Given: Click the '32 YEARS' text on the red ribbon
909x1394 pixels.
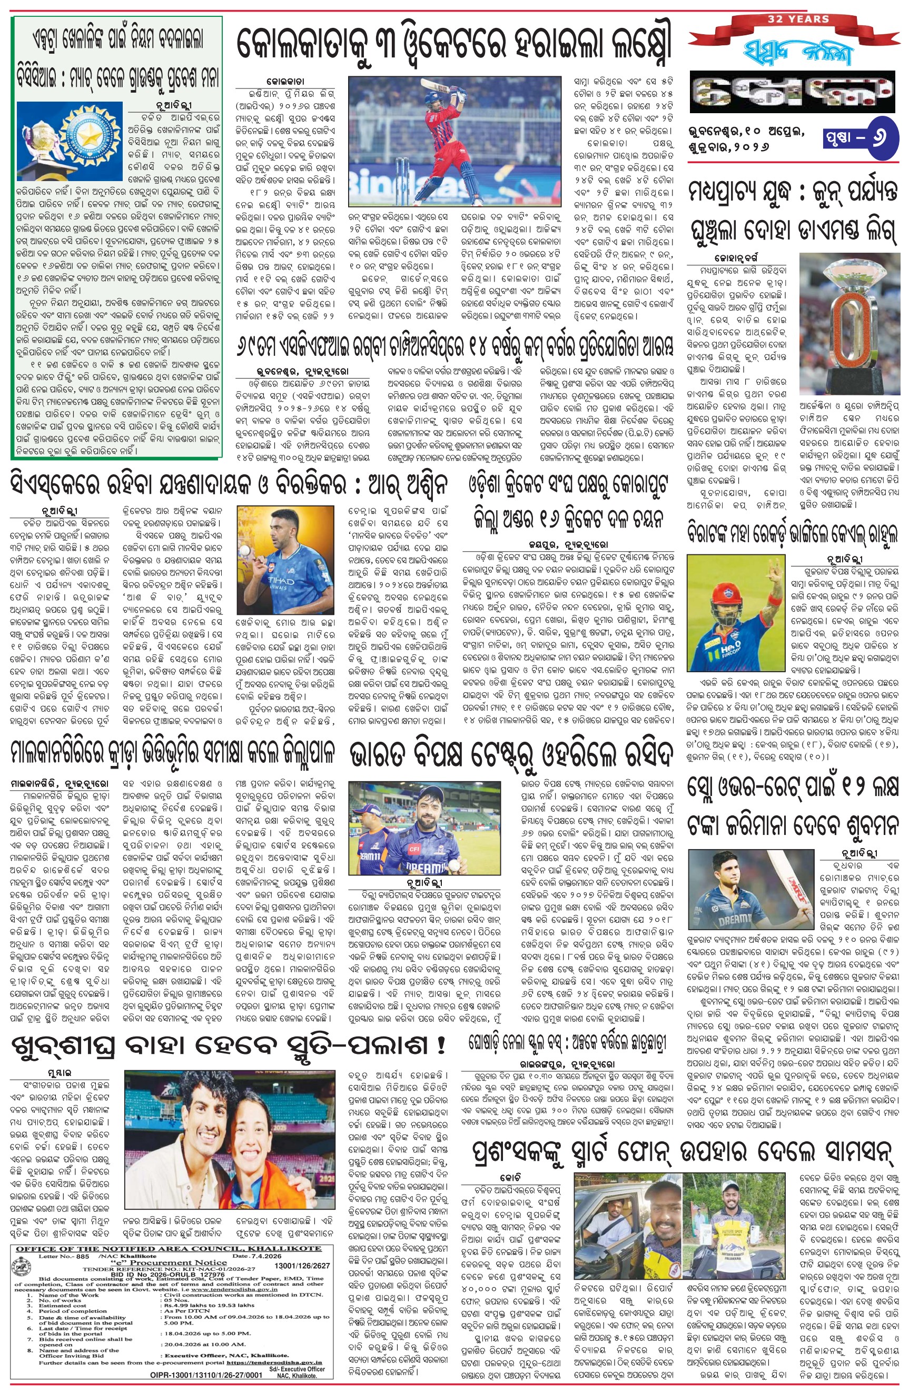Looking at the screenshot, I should tap(798, 19).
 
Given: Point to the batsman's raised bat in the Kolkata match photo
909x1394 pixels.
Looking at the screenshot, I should tap(452, 89).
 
